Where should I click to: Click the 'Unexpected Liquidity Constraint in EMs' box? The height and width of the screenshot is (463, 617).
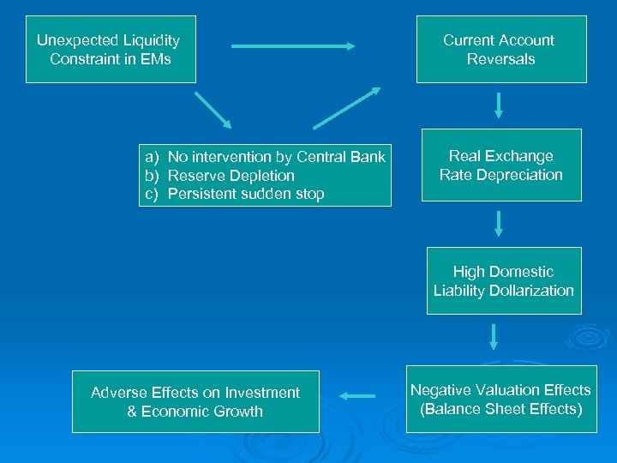pos(111,49)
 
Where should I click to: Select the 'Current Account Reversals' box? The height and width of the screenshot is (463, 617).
pos(501,49)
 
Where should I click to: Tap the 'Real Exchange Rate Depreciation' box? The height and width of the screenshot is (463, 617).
pos(501,165)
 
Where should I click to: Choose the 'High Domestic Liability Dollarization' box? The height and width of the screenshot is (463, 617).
pos(504,280)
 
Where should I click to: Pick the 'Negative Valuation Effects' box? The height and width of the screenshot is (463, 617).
pos(501,399)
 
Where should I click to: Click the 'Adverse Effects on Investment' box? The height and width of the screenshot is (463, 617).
pos(195,401)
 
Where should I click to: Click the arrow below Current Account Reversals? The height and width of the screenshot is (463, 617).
pos(499,105)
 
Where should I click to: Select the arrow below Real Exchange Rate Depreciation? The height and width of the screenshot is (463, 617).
pos(499,223)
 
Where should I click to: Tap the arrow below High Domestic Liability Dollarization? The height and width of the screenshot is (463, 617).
pos(494,335)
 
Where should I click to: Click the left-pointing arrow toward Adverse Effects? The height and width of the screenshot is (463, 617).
pos(358,396)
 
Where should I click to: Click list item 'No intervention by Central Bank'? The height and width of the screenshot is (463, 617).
pos(276,157)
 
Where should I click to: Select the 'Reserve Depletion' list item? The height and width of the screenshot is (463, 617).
pos(231,176)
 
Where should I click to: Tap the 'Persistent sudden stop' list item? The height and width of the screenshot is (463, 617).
pos(246,194)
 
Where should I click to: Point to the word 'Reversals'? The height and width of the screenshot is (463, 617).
pos(501,59)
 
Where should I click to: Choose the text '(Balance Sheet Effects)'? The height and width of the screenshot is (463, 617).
pos(501,409)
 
